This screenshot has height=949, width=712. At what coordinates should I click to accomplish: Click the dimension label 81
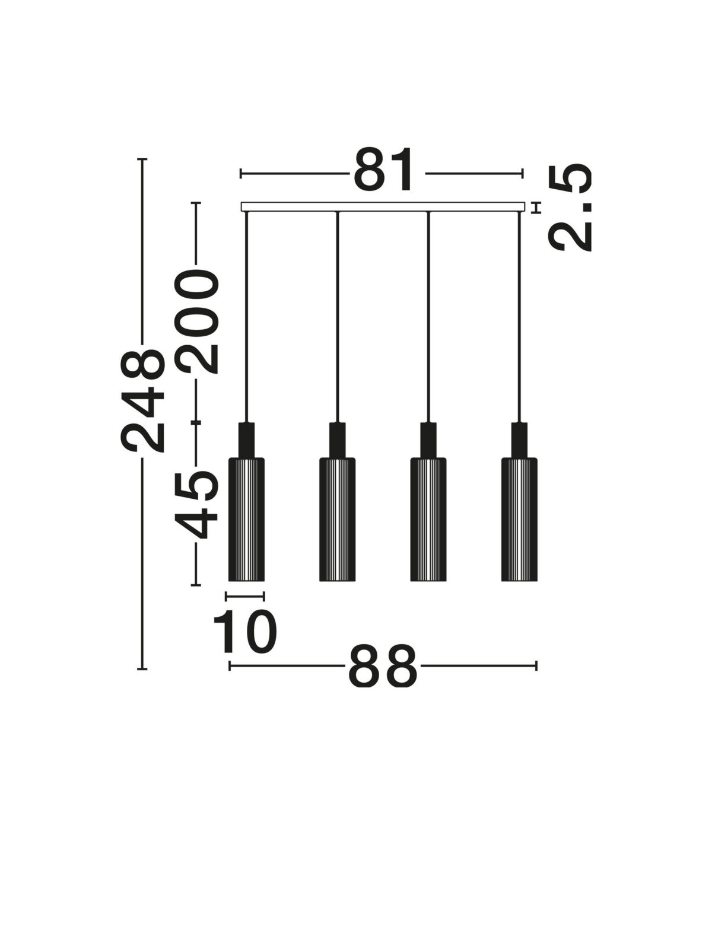click(383, 170)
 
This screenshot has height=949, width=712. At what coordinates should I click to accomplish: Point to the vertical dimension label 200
click(197, 321)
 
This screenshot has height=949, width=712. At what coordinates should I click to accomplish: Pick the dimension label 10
click(244, 631)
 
